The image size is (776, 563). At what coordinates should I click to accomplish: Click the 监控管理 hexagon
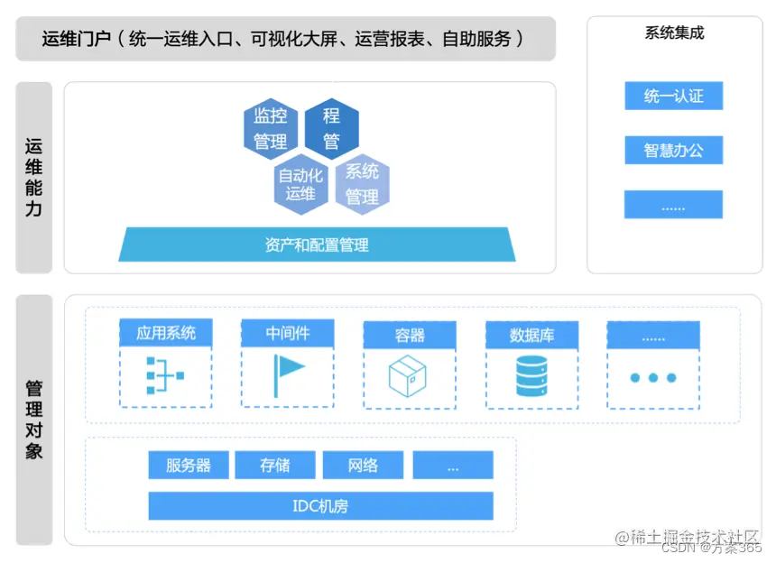pos(271,128)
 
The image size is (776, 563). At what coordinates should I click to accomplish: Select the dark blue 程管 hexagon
pos(331,128)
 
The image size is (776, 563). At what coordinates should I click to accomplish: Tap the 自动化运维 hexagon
pos(300,185)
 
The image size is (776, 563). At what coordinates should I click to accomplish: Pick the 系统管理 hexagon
pos(362,183)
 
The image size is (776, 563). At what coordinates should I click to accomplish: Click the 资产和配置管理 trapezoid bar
pos(317,245)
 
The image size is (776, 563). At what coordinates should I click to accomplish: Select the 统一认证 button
pos(673,96)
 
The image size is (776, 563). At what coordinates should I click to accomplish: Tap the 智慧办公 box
pos(673,150)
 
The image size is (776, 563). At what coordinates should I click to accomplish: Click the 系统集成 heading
pos(674,33)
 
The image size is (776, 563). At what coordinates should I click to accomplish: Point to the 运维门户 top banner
pos(285,39)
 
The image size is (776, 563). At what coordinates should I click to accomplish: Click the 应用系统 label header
pos(165,333)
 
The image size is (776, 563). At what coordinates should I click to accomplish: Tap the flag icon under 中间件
pos(289,375)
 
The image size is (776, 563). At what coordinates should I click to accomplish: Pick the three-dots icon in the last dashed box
pos(652,377)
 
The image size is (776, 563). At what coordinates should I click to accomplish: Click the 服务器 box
pos(189,466)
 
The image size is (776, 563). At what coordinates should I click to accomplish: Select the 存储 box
pos(275,466)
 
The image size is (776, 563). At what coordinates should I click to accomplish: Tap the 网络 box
pos(363,466)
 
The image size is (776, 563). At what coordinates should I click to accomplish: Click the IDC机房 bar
pos(320,506)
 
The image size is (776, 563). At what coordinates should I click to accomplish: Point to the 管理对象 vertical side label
pos(34,420)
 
